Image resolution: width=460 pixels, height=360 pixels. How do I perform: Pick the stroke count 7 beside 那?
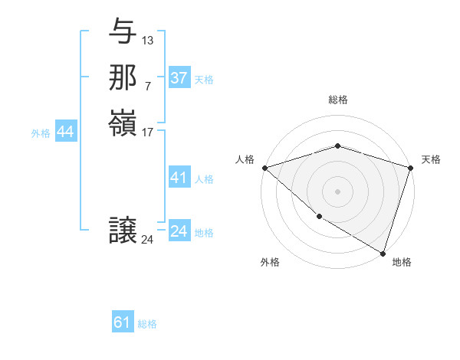click(x=147, y=85)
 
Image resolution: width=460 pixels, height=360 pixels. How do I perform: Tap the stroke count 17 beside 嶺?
click(x=148, y=131)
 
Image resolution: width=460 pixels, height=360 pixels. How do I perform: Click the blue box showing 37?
click(x=179, y=78)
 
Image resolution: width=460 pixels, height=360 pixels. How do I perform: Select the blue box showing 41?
click(x=179, y=178)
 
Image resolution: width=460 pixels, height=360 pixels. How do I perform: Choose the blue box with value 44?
click(x=65, y=133)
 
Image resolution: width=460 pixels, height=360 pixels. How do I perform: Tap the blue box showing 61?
click(x=123, y=322)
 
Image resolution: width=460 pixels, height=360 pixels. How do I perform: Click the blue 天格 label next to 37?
click(x=204, y=80)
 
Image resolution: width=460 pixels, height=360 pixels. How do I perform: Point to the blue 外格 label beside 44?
click(x=41, y=133)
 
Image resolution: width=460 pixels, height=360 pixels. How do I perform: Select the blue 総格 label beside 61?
click(x=147, y=324)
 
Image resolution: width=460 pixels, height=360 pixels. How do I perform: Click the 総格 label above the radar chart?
click(x=338, y=100)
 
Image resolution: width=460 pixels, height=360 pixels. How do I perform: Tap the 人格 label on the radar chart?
click(x=245, y=159)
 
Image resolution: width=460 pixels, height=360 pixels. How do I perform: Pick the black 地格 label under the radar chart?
click(x=402, y=263)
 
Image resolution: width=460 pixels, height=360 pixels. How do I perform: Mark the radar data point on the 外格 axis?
click(x=318, y=217)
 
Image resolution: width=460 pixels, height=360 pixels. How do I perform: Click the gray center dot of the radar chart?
click(x=337, y=191)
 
